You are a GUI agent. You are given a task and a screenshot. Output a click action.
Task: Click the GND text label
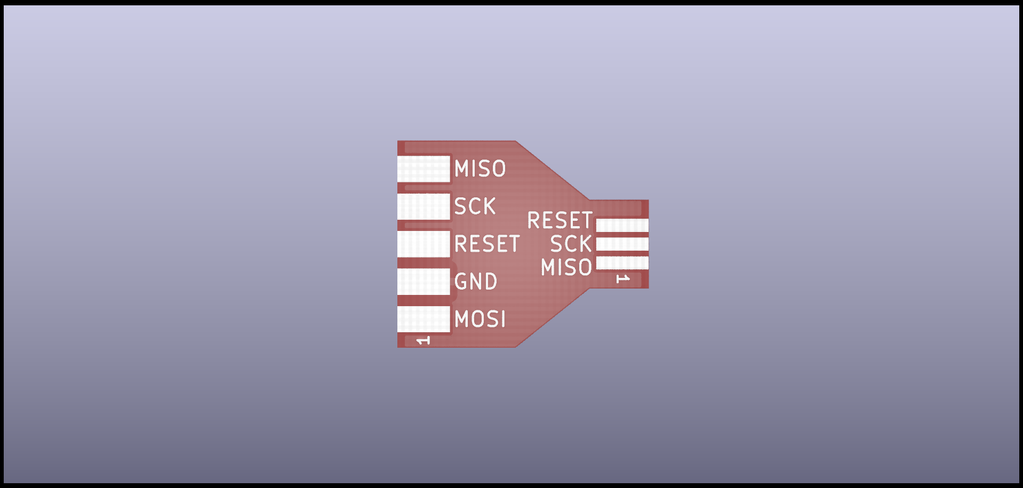point(476,282)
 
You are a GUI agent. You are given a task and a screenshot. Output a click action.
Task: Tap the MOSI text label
point(480,319)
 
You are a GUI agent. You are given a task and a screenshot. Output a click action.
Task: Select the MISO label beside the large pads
point(480,169)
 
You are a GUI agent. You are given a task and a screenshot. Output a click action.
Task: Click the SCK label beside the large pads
point(475,206)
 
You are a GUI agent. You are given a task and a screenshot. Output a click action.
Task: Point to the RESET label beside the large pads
point(487,244)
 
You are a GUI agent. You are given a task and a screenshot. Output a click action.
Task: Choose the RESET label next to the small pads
point(560,220)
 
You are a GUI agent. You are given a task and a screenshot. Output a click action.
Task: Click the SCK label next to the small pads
point(571,244)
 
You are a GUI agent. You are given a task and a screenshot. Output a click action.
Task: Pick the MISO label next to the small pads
point(566,267)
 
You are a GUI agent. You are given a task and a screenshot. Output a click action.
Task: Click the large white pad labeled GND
point(424,282)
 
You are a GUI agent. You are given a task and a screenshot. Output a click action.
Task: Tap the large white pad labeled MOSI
point(424,319)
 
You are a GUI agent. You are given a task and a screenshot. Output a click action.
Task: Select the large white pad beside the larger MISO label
point(424,169)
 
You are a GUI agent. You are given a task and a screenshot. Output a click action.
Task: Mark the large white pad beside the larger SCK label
point(424,206)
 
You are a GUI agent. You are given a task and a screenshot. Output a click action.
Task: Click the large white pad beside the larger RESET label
point(424,244)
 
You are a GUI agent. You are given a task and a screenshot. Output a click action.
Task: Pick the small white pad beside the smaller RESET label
point(622,225)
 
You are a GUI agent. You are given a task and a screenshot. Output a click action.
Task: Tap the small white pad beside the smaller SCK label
point(622,244)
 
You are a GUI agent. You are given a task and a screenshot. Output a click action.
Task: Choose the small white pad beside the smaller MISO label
point(622,263)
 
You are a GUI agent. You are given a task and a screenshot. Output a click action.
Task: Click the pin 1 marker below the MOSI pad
point(423,340)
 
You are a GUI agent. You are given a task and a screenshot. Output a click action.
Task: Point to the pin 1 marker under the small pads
point(622,279)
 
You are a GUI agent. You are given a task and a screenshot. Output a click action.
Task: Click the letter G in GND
point(460,282)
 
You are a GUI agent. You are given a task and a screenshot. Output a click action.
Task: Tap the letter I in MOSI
point(502,319)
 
